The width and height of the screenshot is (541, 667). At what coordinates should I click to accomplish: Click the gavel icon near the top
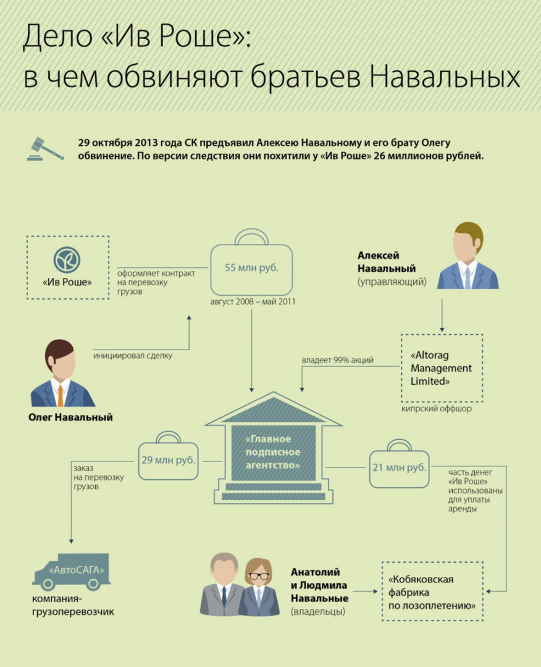pyautogui.click(x=45, y=149)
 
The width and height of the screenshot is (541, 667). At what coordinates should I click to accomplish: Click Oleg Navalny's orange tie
pyautogui.click(x=60, y=395)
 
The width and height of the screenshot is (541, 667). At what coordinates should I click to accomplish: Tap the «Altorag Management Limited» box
pyautogui.click(x=441, y=368)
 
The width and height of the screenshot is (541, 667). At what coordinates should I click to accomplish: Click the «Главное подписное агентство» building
pyautogui.click(x=273, y=454)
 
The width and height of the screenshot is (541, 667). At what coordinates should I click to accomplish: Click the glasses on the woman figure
pyautogui.click(x=259, y=576)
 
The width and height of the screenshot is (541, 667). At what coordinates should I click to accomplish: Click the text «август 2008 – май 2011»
pyautogui.click(x=251, y=303)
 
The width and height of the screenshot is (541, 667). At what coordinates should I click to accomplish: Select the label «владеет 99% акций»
pyautogui.click(x=338, y=359)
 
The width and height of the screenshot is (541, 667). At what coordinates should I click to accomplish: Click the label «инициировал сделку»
pyautogui.click(x=133, y=356)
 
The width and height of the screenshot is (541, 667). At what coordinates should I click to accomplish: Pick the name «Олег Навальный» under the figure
pyautogui.click(x=70, y=417)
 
